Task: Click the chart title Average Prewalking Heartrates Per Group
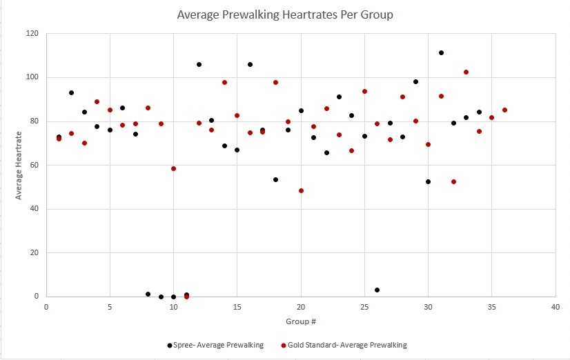[x=284, y=13]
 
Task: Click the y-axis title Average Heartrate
[x=19, y=165]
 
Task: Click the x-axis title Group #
[x=301, y=321]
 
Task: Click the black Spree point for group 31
[x=441, y=52]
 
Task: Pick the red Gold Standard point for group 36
[x=504, y=110]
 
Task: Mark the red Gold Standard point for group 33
[x=466, y=72]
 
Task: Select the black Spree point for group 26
[x=377, y=290]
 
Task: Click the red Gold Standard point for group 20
[x=301, y=190]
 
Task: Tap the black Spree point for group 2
[x=71, y=92]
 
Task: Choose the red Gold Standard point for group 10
[x=173, y=168]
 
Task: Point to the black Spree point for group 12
[x=199, y=64]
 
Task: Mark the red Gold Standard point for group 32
[x=453, y=181]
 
